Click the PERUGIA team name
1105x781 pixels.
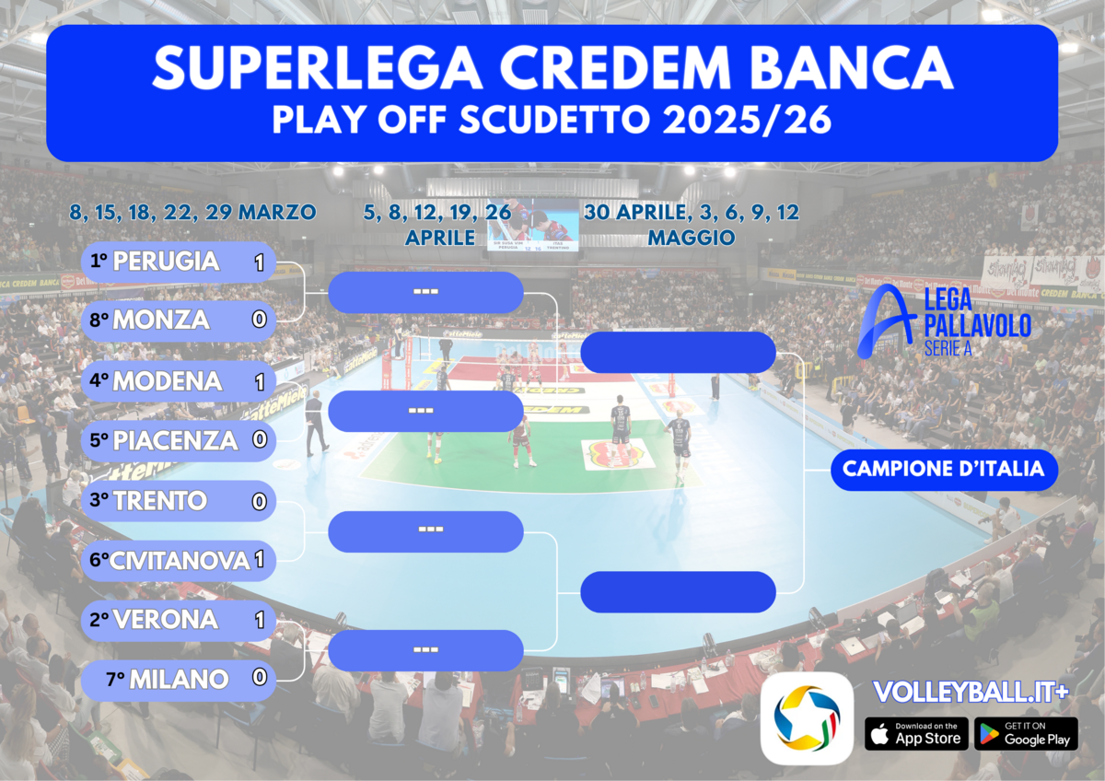pyautogui.click(x=166, y=262)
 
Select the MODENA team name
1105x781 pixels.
pyautogui.click(x=167, y=380)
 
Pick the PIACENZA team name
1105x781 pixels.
pyautogui.click(x=175, y=440)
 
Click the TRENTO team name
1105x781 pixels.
pyautogui.click(x=160, y=501)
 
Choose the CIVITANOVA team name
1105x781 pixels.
pyautogui.click(x=180, y=560)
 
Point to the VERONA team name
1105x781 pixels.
pyautogui.click(x=165, y=620)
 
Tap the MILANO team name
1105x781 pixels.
pyautogui.click(x=179, y=680)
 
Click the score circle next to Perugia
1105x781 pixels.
pyautogui.click(x=259, y=262)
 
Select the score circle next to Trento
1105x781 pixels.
pyautogui.click(x=259, y=501)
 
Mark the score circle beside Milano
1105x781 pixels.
pyautogui.click(x=259, y=679)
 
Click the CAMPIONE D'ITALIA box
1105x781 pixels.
pyautogui.click(x=944, y=470)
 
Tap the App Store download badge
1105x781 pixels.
pyautogui.click(x=916, y=734)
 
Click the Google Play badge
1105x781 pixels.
pyautogui.click(x=1026, y=734)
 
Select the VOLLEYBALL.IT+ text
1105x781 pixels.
pyautogui.click(x=971, y=693)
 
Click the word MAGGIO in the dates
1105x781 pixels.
pyautogui.click(x=691, y=238)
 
